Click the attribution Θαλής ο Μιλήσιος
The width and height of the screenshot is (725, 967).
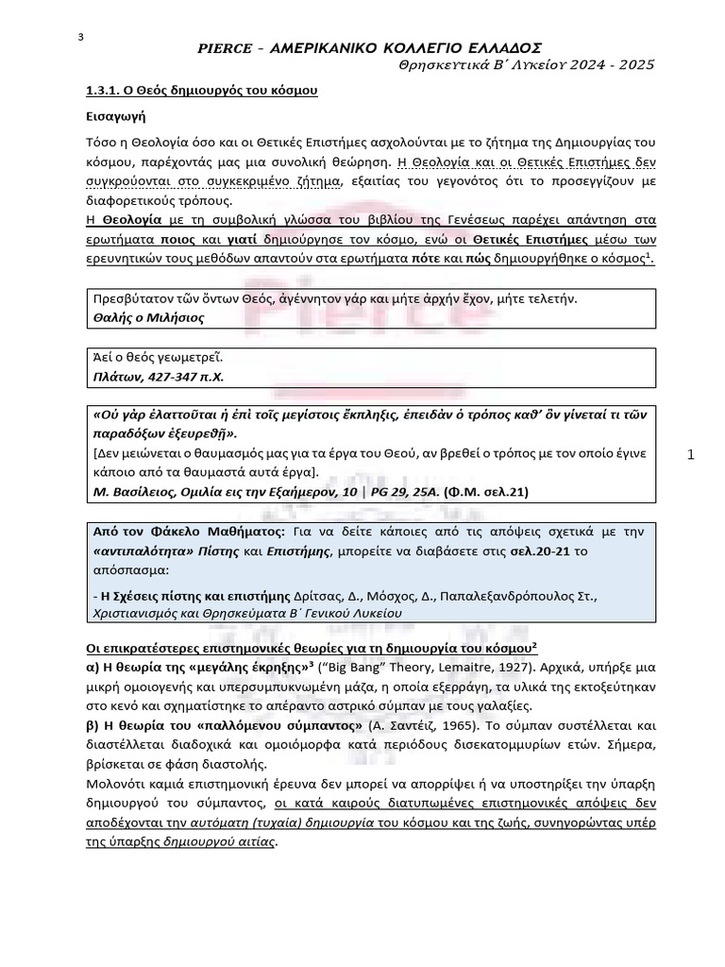point(147,317)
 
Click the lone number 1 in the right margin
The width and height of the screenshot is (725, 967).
point(691,455)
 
